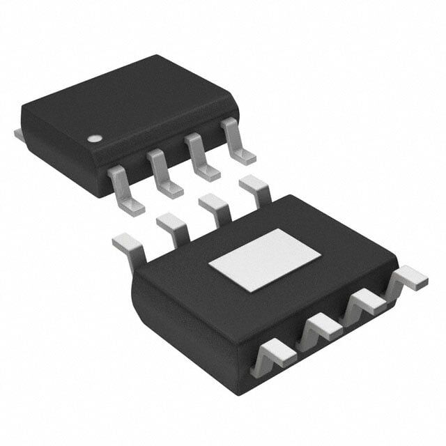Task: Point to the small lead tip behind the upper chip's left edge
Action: coord(18,132)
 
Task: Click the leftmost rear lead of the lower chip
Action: coord(128,245)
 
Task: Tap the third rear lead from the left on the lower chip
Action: coord(215,207)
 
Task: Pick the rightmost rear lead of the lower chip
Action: coord(254,188)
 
